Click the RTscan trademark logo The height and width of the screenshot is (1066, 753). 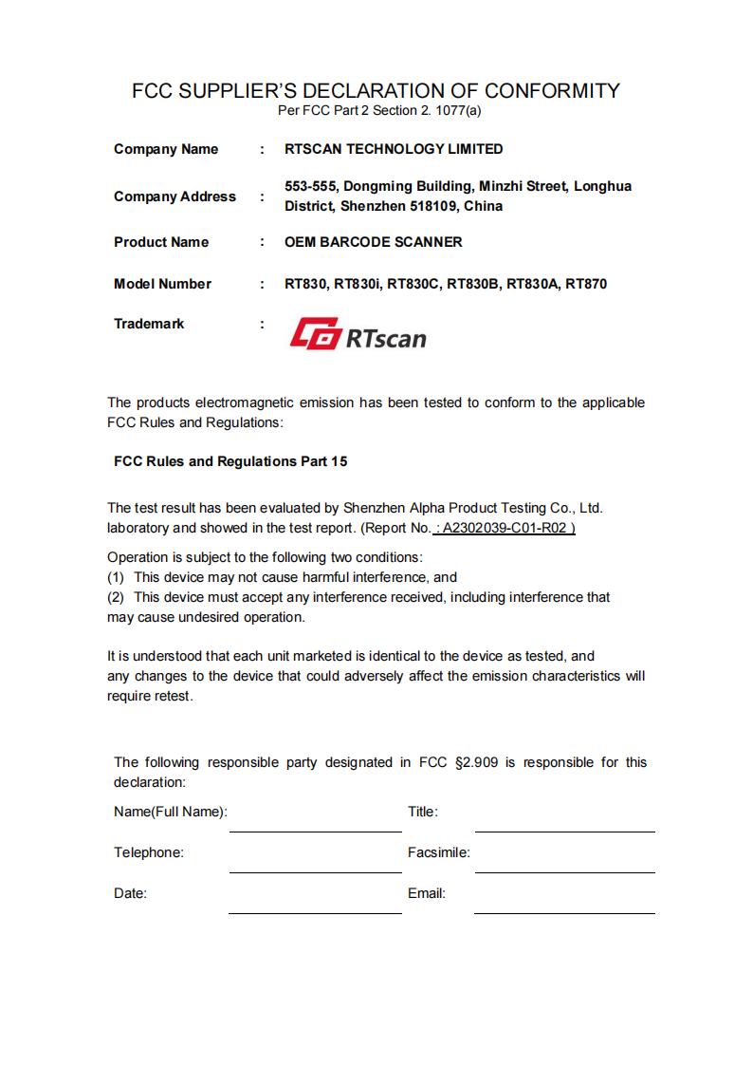point(358,334)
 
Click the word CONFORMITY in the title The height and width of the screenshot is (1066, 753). point(552,91)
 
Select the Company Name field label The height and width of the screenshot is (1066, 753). point(166,149)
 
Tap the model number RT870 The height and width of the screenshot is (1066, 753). point(586,284)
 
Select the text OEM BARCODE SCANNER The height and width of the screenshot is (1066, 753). point(374,242)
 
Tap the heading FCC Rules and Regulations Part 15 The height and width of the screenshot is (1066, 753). point(230,461)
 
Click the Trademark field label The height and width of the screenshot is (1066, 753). point(149,324)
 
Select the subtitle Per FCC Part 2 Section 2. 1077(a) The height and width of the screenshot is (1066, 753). point(379,111)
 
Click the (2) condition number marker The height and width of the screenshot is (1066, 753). point(116,597)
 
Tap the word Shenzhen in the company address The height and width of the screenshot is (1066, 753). point(374,206)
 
